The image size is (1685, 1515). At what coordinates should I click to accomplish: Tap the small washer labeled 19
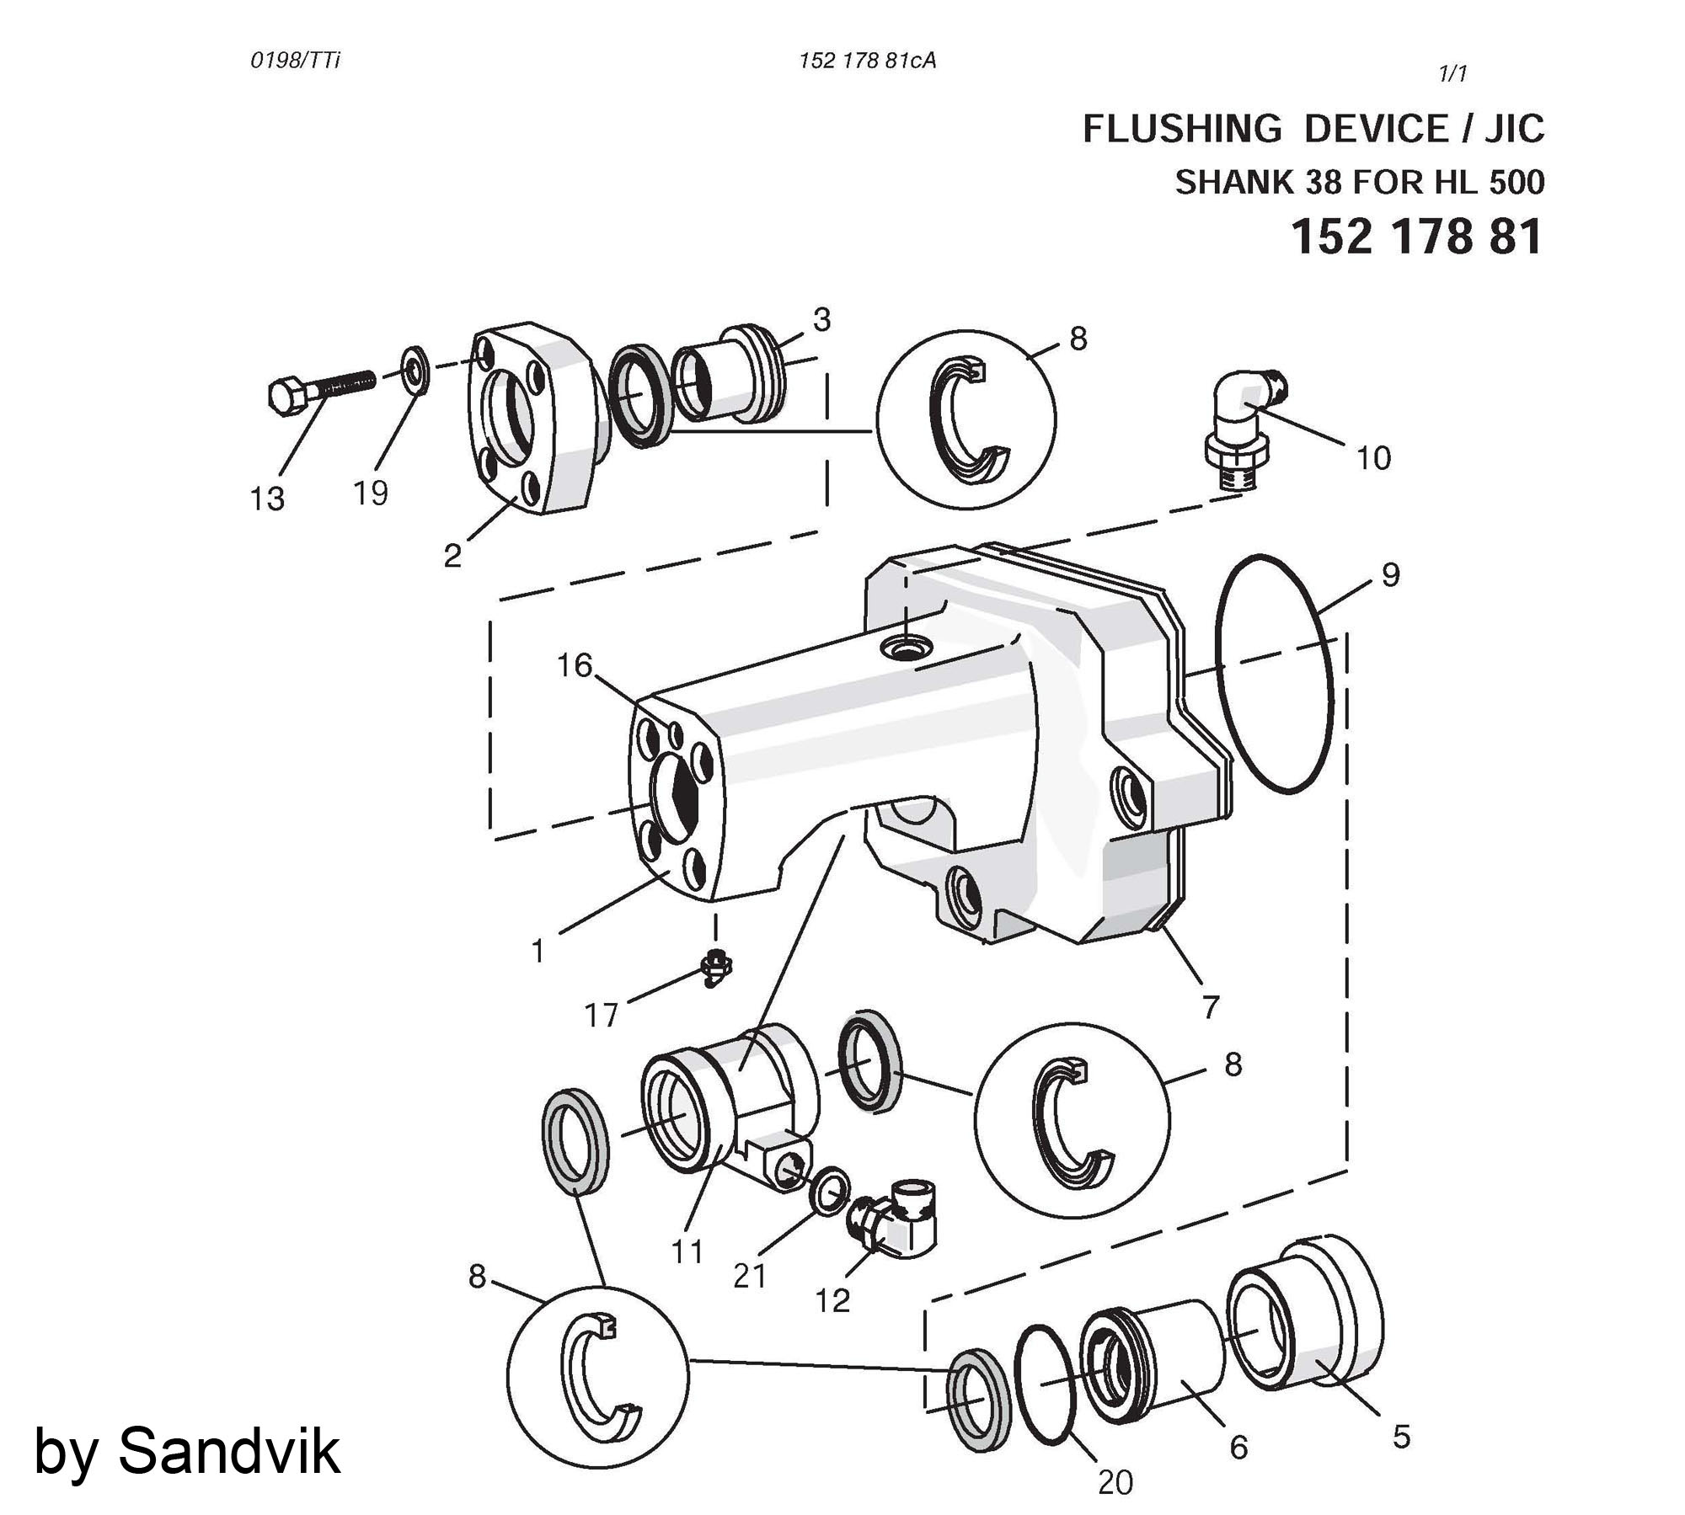coord(415,369)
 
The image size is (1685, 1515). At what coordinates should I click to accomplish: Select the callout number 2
coord(452,556)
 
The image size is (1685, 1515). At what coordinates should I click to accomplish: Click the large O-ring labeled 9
coord(1275,673)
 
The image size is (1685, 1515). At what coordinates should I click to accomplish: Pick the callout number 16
coord(575,665)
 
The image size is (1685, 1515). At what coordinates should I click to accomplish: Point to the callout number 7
coord(1211,1006)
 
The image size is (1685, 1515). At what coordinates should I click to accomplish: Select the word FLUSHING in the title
coord(1181,130)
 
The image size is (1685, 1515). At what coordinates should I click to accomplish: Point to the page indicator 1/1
coord(1452,74)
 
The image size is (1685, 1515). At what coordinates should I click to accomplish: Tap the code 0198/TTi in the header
coord(295,61)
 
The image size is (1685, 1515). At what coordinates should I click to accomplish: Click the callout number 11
coord(687,1252)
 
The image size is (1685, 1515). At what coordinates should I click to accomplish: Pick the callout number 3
coord(821,319)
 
